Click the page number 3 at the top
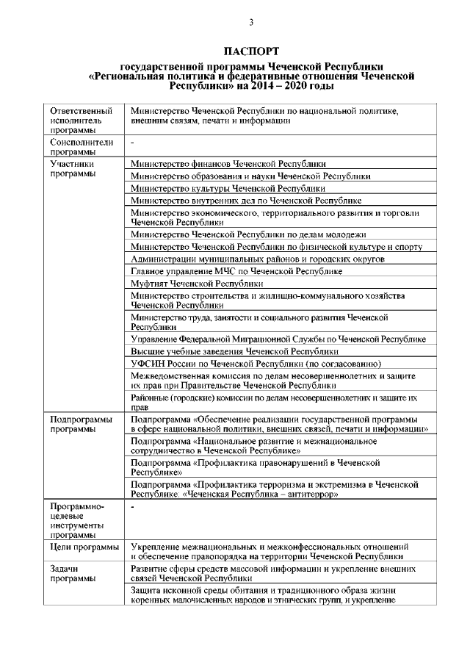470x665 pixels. click(251, 23)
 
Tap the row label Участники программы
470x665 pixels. click(71, 170)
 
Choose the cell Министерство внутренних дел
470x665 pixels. click(246, 200)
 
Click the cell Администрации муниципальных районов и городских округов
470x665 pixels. click(258, 260)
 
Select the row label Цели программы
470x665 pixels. click(84, 548)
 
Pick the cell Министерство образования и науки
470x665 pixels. click(250, 176)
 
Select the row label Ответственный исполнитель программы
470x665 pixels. click(81, 120)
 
